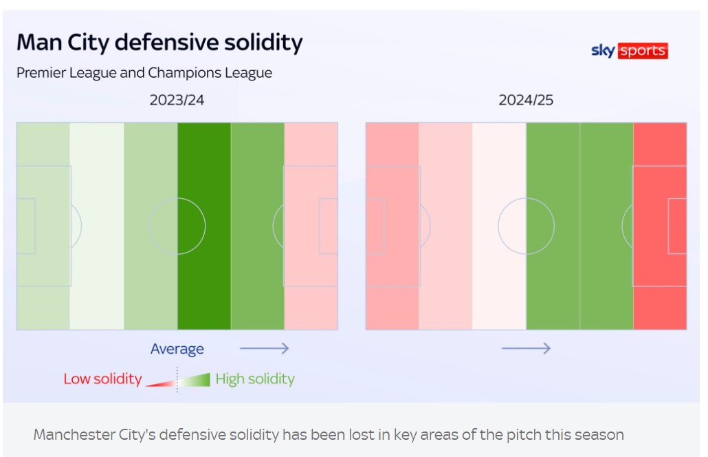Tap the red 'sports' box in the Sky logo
(643, 51)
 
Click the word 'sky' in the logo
(603, 51)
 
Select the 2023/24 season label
(177, 100)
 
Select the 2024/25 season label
(526, 100)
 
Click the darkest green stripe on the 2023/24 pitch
(204, 226)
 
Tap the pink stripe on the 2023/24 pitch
(311, 226)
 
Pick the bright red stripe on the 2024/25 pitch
(660, 226)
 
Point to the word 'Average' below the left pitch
(177, 349)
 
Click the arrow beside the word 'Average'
(264, 349)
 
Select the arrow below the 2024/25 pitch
(526, 349)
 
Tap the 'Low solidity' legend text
(102, 379)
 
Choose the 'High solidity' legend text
(255, 379)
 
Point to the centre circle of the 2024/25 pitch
(526, 226)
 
